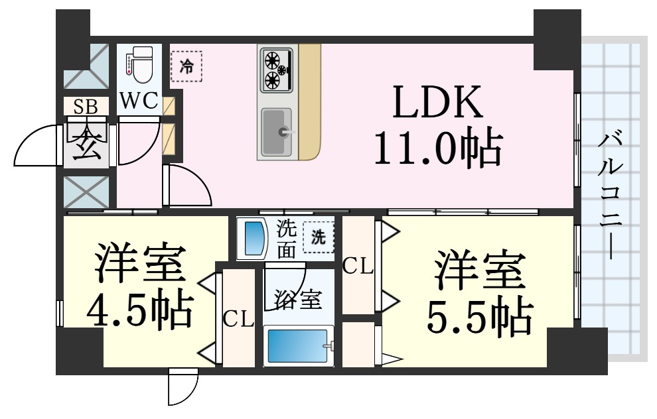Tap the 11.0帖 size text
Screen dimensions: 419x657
(x=436, y=147)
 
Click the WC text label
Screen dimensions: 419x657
(x=139, y=101)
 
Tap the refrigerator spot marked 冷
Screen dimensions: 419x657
(x=187, y=66)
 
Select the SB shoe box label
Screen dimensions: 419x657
(x=84, y=106)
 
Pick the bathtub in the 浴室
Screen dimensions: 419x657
(x=298, y=345)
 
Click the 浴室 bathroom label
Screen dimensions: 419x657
(x=298, y=300)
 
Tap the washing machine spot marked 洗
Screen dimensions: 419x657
(x=319, y=237)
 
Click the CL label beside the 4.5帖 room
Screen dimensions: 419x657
(x=238, y=320)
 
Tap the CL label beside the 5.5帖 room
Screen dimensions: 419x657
(x=358, y=267)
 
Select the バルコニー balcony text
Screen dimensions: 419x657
(x=611, y=196)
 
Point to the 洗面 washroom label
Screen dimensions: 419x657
(x=287, y=239)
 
